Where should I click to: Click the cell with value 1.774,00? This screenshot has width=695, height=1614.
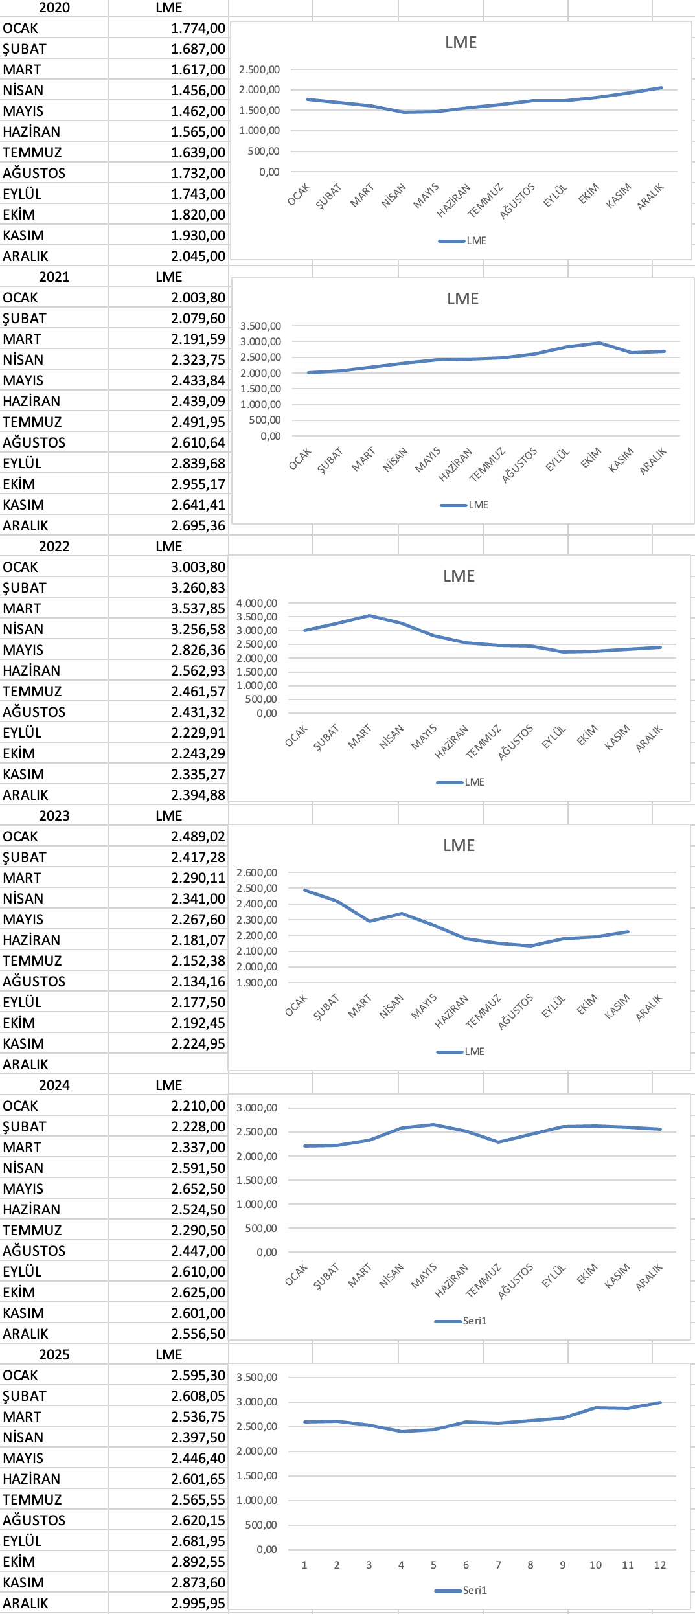click(198, 28)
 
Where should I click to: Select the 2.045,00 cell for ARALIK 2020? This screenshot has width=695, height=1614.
click(198, 256)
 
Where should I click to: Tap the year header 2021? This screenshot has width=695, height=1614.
click(54, 277)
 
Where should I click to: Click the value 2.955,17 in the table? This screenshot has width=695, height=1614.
click(198, 484)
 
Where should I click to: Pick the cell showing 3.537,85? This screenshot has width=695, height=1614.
click(198, 609)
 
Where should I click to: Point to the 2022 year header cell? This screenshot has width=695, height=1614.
click(54, 547)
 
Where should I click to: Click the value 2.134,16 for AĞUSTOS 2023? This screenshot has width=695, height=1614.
click(198, 982)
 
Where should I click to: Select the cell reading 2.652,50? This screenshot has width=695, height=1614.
click(198, 1189)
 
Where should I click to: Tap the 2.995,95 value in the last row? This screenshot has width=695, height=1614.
click(198, 1604)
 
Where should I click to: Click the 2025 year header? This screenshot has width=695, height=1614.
click(54, 1355)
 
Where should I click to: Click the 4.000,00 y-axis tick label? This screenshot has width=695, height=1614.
click(256, 603)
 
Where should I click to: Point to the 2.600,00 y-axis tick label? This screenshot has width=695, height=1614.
click(256, 872)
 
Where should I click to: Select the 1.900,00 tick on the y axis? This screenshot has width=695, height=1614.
click(256, 983)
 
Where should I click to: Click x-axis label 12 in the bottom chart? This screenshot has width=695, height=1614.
click(659, 1565)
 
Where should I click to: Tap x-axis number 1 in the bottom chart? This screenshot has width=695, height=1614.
click(304, 1565)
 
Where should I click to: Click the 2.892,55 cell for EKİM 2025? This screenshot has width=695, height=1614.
click(198, 1562)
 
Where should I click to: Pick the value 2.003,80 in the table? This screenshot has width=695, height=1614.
click(198, 298)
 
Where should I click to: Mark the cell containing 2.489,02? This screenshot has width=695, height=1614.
click(198, 837)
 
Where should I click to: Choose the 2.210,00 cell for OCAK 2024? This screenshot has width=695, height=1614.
click(198, 1106)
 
